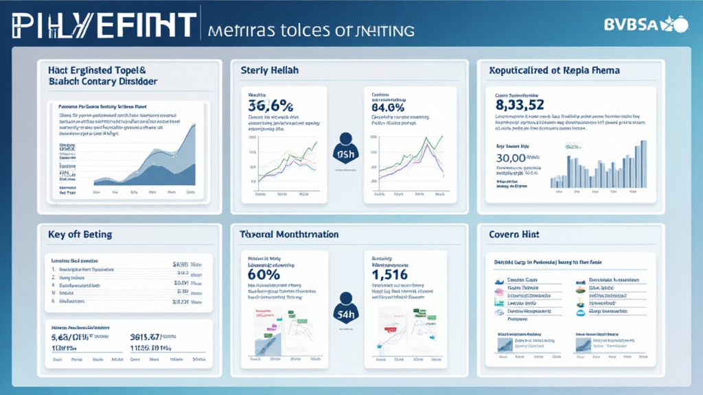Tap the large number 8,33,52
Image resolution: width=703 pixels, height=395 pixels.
(x=520, y=104)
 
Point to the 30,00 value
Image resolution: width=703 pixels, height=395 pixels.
(x=515, y=158)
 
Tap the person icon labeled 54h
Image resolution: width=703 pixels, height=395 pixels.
(x=345, y=305)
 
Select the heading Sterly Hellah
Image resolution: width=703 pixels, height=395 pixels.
(x=269, y=71)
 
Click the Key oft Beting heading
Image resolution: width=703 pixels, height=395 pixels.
(x=80, y=235)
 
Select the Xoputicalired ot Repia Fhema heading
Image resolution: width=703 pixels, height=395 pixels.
(x=554, y=71)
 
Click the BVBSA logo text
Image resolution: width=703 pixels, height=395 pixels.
(x=630, y=25)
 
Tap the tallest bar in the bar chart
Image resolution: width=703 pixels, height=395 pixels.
(x=644, y=163)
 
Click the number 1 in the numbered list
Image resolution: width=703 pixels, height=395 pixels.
(x=54, y=270)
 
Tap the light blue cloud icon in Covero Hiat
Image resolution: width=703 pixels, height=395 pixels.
(x=581, y=312)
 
